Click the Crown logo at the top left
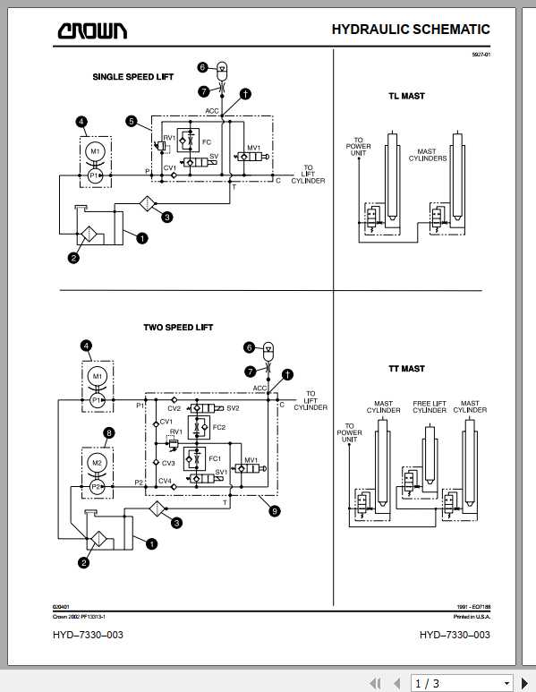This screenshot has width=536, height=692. click(92, 31)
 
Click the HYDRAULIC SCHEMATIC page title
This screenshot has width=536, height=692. click(411, 30)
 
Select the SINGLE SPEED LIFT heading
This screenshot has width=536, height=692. click(133, 77)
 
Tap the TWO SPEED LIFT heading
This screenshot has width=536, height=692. click(178, 328)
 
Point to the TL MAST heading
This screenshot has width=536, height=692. click(406, 96)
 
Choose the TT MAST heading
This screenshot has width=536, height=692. click(406, 368)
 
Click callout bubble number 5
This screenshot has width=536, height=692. click(132, 121)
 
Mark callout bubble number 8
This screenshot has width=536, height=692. click(109, 432)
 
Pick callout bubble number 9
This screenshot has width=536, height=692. click(275, 510)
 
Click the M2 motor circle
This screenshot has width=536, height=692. click(98, 461)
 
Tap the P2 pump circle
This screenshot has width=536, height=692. click(98, 487)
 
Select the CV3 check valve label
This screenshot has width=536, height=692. click(166, 463)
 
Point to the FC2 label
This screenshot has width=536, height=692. click(218, 427)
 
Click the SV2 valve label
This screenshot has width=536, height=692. click(233, 408)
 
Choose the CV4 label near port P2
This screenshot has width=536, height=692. click(166, 482)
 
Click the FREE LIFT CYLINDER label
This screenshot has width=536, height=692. click(430, 407)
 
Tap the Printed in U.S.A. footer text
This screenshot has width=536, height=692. click(472, 617)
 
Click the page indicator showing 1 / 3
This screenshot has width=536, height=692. click(426, 683)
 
